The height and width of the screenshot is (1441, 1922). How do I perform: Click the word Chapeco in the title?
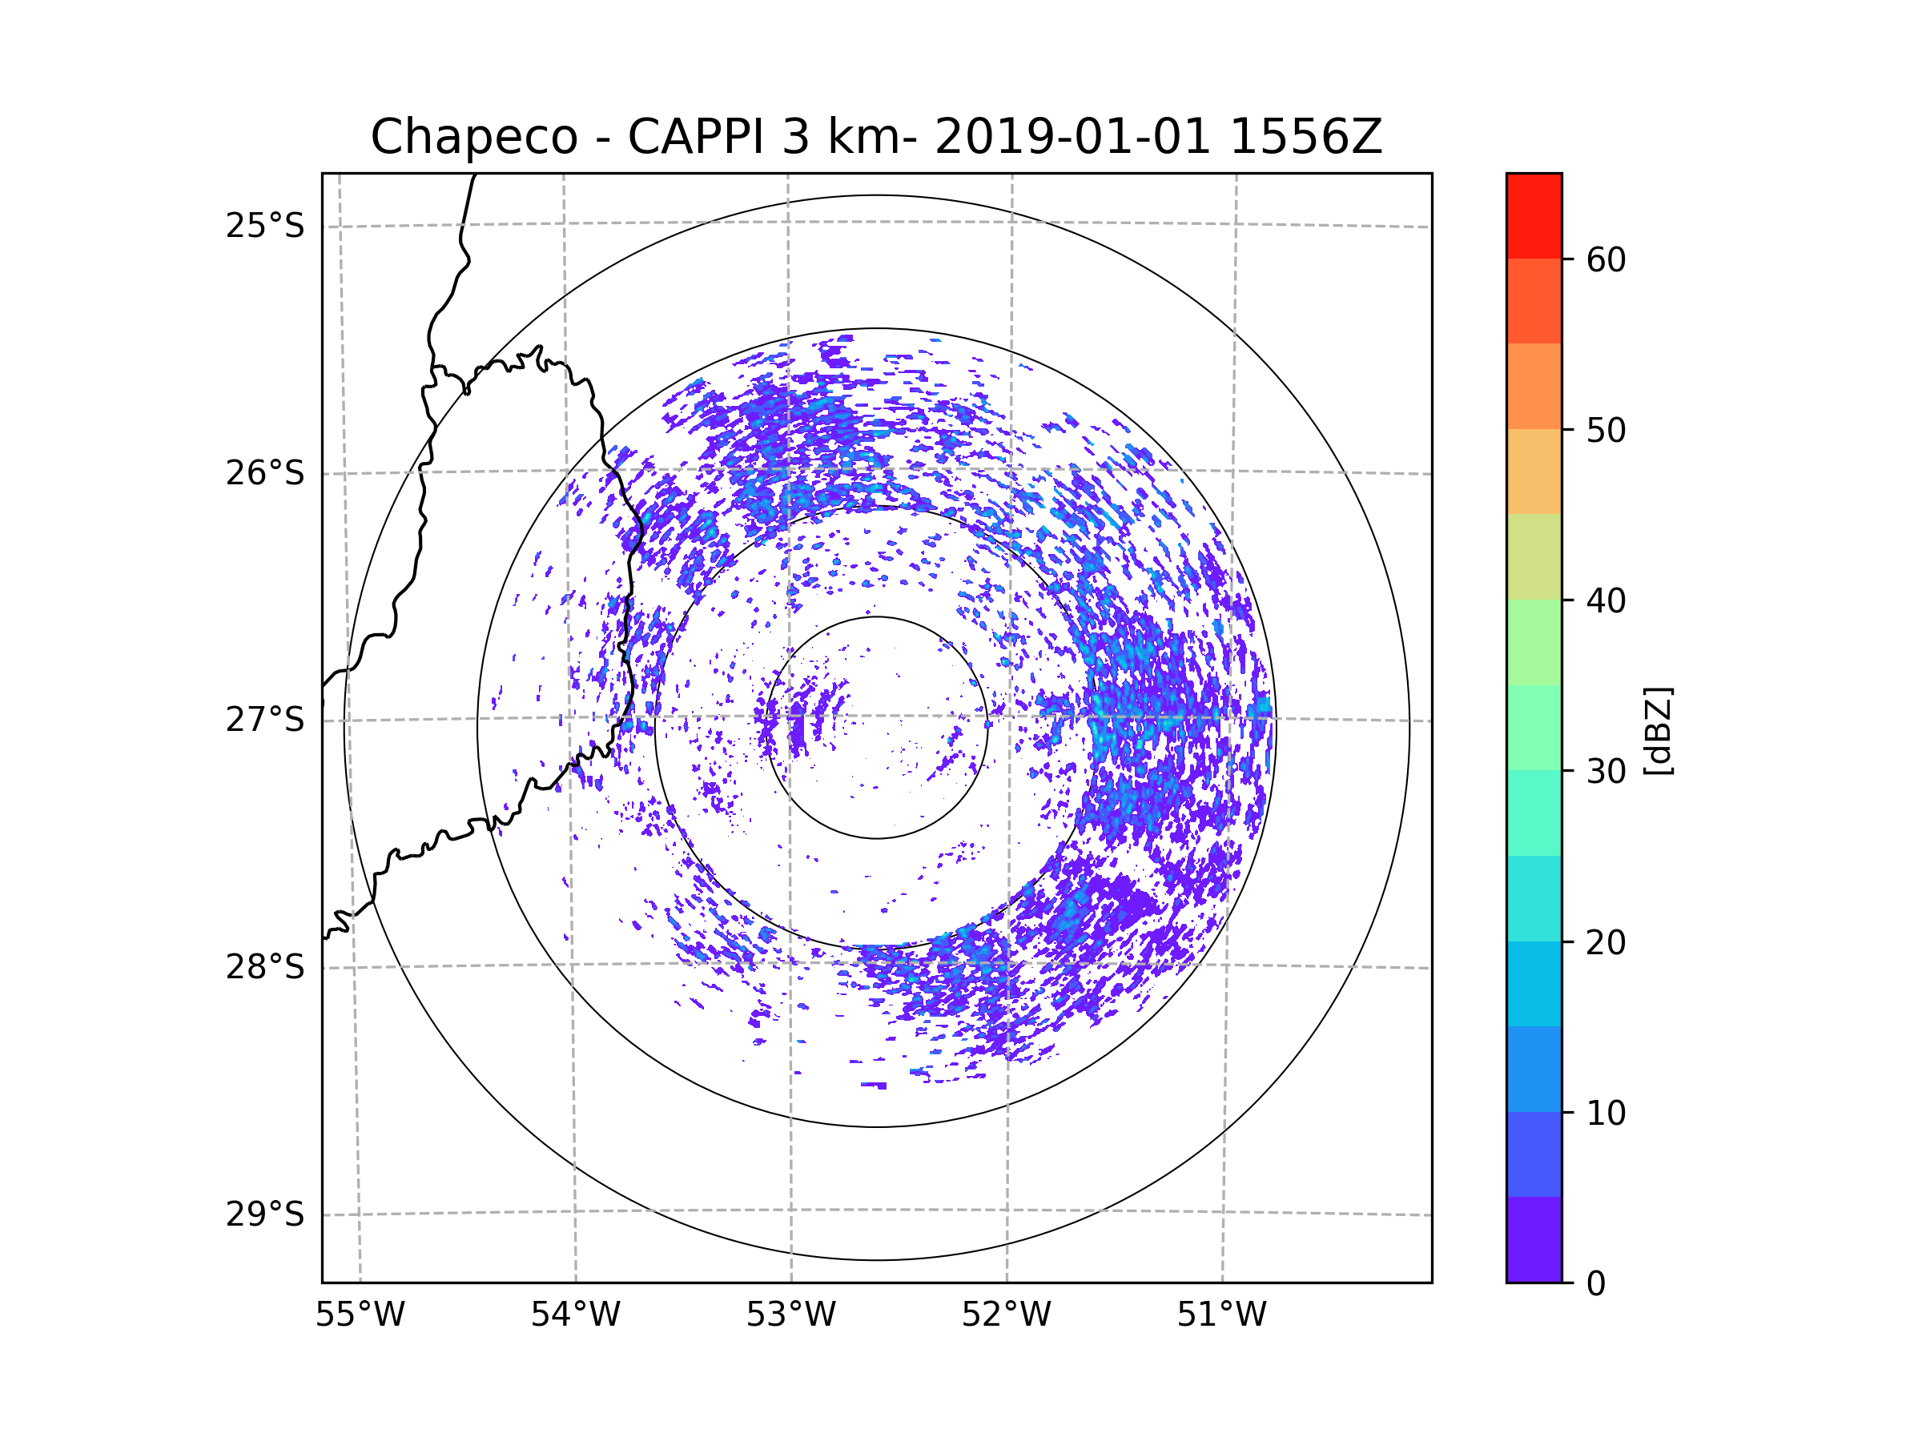click(x=473, y=137)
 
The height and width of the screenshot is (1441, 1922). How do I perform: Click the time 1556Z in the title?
click(x=1305, y=137)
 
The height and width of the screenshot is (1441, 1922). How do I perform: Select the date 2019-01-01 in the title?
click(x=1072, y=137)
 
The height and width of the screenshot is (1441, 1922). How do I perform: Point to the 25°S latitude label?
click(x=265, y=226)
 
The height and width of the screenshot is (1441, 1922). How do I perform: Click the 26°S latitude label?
click(x=265, y=473)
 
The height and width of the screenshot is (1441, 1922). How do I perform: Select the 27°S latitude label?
click(x=265, y=720)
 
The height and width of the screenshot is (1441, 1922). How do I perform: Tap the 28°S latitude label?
click(x=265, y=967)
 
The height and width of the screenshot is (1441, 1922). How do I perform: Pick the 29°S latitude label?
click(x=265, y=1214)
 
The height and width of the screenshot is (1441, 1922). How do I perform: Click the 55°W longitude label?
click(x=360, y=1315)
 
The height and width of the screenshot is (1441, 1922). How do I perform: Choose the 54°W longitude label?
click(x=575, y=1315)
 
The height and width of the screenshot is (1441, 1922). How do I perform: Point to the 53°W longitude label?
click(x=790, y=1315)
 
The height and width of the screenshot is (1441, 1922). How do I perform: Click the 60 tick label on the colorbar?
click(x=1606, y=259)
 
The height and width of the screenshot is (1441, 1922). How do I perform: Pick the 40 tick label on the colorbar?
click(x=1606, y=601)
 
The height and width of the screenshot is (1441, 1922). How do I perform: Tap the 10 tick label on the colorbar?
click(x=1606, y=1113)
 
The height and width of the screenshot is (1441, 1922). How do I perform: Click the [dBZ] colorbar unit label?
click(x=1658, y=730)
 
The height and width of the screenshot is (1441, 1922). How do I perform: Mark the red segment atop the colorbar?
click(x=1534, y=215)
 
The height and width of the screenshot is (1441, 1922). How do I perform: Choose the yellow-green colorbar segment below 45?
click(x=1534, y=556)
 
